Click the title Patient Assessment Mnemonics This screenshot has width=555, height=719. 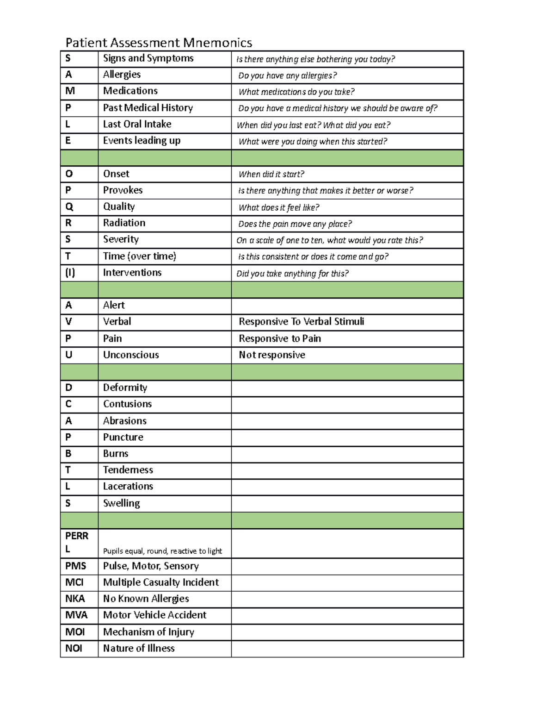pos(159,43)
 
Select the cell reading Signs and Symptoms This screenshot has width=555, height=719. pos(148,58)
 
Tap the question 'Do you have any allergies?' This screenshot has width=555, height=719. pos(287,75)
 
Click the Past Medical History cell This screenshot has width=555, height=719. pos(148,108)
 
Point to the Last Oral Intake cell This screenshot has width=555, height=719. pos(137,124)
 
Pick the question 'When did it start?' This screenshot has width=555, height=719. pos(271,174)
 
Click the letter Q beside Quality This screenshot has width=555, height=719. pos(69,206)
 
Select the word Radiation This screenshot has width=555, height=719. pos(124,223)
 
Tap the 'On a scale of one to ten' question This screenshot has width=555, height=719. pos(329,240)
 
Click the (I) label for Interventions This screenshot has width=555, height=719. pos(70,272)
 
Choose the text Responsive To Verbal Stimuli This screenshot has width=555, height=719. pos(301,321)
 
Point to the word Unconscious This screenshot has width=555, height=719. pos(131,355)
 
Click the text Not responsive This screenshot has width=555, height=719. pos(271,355)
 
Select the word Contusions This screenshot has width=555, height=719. pos(127,404)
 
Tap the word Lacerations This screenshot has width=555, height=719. pos(128,486)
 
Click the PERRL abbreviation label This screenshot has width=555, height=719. pos(76,542)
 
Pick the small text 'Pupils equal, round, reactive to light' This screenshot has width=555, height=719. pos(162,551)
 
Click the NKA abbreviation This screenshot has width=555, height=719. pos(75,599)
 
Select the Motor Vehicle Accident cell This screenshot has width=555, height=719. pos(154,615)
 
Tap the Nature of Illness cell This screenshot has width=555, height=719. pos(139,648)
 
